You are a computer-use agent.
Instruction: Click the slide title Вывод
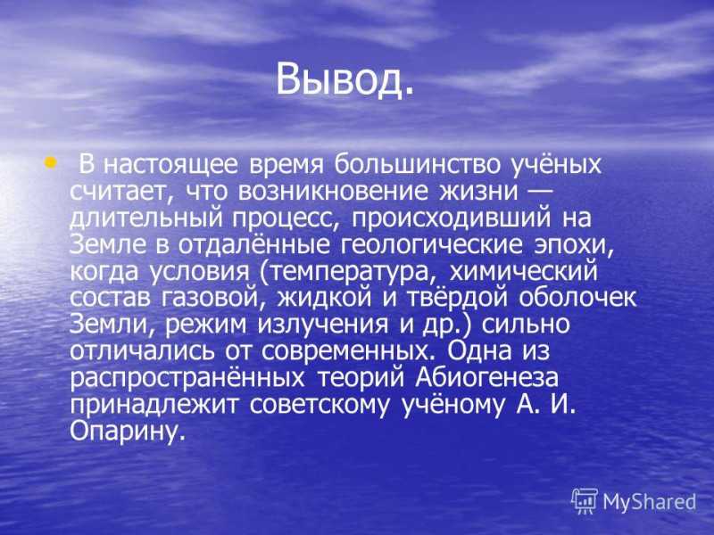pos(345,79)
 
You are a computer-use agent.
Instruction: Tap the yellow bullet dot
pos(51,161)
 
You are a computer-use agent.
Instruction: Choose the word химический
pos(523,272)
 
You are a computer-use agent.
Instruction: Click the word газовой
pos(213,299)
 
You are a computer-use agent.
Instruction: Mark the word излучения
pos(323,325)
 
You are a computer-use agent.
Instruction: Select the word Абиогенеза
pos(486,378)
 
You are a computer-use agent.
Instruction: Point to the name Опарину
pos(128,432)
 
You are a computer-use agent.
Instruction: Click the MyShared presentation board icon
pos(585,501)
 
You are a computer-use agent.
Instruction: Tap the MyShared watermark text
pos(650,502)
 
